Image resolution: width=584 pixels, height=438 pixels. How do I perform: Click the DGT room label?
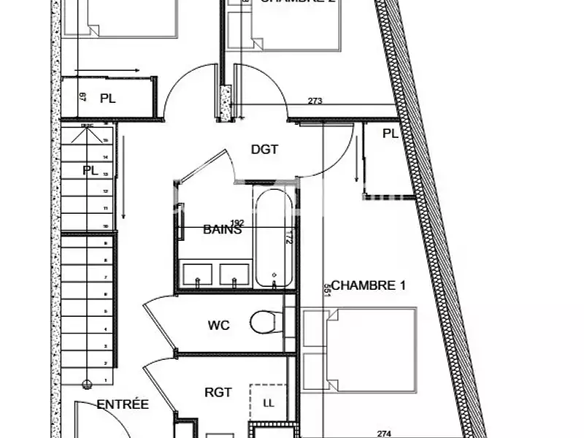[265, 150]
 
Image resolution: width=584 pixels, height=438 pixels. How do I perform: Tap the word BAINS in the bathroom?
[223, 229]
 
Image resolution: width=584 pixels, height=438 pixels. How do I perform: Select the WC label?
[219, 325]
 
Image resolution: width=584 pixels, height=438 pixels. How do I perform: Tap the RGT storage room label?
[218, 392]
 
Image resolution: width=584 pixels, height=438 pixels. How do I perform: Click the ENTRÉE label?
[123, 404]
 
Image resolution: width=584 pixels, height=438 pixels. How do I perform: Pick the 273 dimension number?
[315, 101]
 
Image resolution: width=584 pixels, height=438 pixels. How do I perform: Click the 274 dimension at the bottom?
[383, 433]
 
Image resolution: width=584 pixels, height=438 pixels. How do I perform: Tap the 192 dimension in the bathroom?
[237, 223]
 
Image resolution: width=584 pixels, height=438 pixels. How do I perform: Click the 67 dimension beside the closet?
[82, 98]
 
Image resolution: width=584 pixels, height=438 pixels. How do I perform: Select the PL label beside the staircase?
[90, 171]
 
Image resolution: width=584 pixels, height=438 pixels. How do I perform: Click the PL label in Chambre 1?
[390, 134]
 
